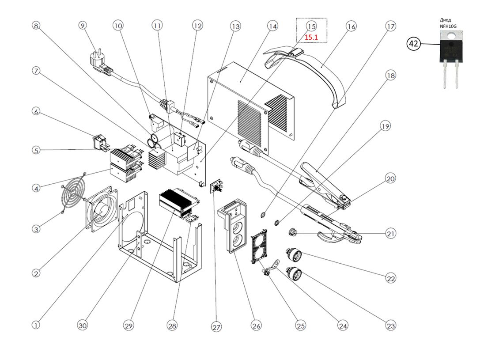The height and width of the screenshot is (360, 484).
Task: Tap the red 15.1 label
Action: pyautogui.click(x=311, y=38)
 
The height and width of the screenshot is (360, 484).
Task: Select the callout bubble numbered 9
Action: pyautogui.click(x=83, y=26)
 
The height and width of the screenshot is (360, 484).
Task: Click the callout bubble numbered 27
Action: pyautogui.click(x=216, y=327)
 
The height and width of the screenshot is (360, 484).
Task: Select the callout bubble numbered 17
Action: pyautogui.click(x=390, y=27)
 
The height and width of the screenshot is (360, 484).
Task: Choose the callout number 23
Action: pyautogui.click(x=390, y=326)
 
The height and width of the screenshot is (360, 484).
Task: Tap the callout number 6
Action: pyautogui.click(x=36, y=112)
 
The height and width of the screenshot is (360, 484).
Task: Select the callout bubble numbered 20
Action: pyautogui.click(x=390, y=179)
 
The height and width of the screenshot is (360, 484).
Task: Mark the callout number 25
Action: pyautogui.click(x=300, y=326)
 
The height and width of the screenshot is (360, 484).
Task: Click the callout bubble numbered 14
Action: pyautogui.click(x=272, y=26)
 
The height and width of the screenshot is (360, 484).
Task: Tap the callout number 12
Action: pyautogui.click(x=197, y=26)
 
